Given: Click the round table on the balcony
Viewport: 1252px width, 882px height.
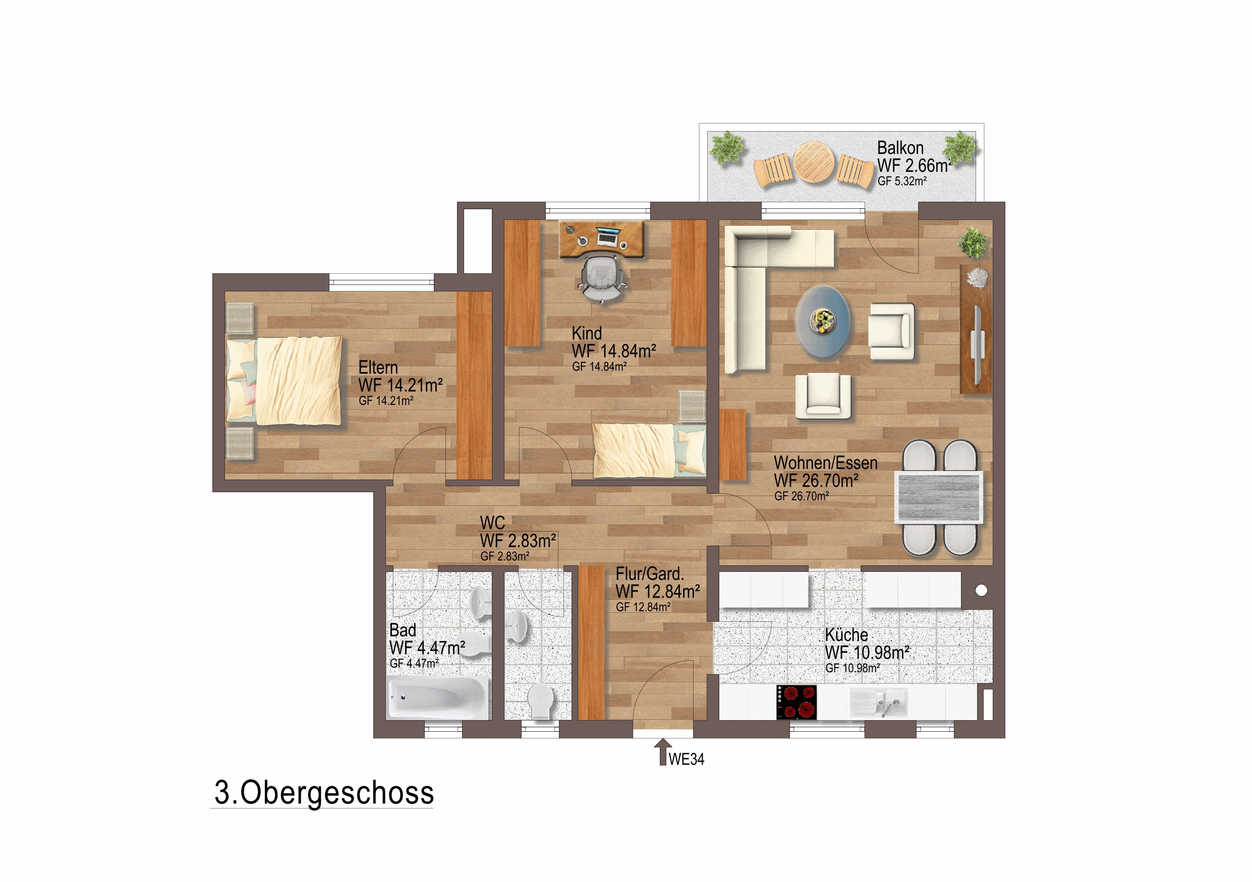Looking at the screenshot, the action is pos(813,162).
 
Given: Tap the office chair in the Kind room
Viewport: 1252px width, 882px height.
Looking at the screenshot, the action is pos(601,278).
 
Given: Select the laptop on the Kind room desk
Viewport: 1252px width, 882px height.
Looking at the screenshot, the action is pos(608,237).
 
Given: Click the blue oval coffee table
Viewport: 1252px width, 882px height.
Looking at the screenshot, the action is pos(822,322).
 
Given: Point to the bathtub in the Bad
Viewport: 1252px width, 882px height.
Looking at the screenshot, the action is pos(438,698).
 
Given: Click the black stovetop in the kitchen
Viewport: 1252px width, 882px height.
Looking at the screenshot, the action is pos(796,702).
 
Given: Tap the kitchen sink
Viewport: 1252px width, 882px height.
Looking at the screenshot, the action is pos(878,702).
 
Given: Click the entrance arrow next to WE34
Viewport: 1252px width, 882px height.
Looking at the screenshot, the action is pos(662,752).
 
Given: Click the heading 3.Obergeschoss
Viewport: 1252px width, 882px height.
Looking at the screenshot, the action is pos(324,793).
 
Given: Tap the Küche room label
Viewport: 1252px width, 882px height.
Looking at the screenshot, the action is pos(846,635).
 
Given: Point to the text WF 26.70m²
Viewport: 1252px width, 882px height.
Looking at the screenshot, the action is pos(816,481).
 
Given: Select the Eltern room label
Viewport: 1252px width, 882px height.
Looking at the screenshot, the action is pos(378,368).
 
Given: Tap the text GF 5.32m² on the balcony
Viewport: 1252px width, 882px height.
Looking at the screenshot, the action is pos(902,181).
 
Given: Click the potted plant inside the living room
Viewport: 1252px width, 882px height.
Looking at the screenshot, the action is pos(973,242).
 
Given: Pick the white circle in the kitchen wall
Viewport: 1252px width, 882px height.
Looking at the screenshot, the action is pos(981,590).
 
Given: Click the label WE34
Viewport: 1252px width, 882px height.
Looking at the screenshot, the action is pos(687,759).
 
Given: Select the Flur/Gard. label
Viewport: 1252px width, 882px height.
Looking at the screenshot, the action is pos(649,574).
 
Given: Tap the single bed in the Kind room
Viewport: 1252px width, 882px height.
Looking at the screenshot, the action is pos(649,450).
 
